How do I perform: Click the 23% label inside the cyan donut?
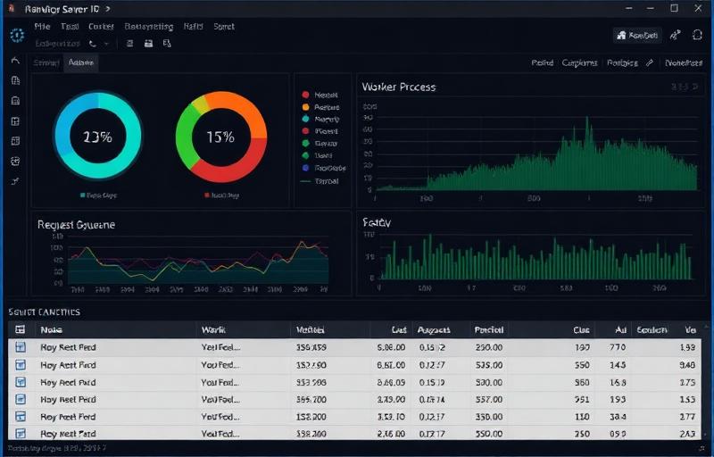point(96,137)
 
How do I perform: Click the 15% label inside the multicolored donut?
point(220,137)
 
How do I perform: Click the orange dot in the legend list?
point(305,106)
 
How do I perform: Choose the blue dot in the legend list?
point(305,167)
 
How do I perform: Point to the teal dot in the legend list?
point(305,119)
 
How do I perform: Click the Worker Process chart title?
point(398,87)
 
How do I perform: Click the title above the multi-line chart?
point(76,225)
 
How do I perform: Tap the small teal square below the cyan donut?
point(82,194)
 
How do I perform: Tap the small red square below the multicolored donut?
point(206,194)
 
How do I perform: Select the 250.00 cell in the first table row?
point(488,347)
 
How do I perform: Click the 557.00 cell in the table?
point(488,399)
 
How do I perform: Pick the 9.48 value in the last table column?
point(687,364)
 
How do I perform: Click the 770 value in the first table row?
point(617,347)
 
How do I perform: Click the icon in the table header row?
point(21,329)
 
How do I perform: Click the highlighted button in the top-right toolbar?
point(637,35)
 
